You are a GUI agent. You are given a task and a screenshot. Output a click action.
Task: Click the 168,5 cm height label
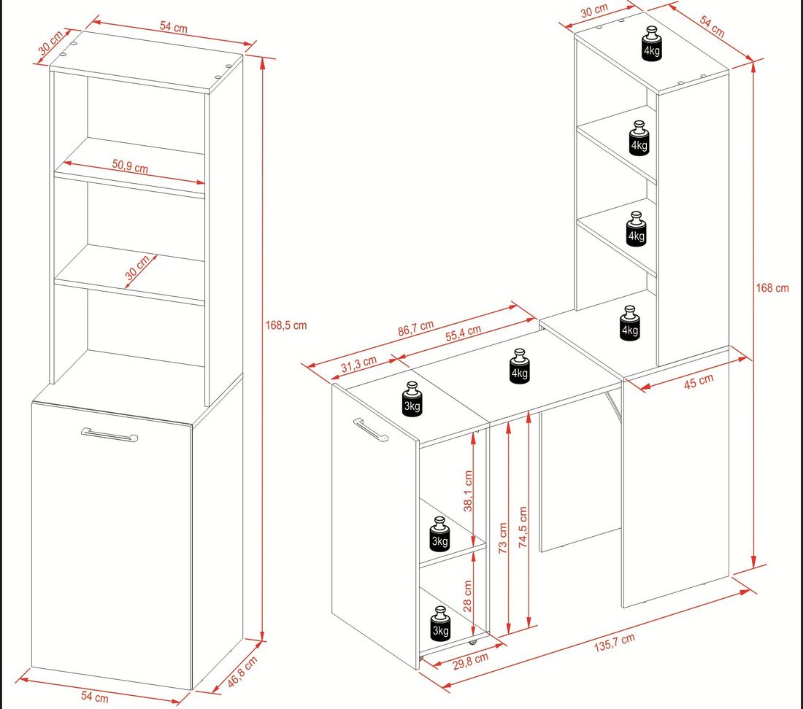(285, 325)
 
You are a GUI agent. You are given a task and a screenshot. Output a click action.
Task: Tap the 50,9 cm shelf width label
(130, 166)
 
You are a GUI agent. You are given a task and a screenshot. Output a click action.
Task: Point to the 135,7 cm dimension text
(615, 642)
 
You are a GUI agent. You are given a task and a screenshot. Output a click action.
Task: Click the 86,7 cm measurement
(416, 328)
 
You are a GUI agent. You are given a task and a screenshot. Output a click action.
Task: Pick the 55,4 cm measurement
(463, 333)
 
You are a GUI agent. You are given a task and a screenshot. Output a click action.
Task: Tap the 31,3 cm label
(358, 364)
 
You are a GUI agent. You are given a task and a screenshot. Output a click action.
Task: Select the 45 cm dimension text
(699, 381)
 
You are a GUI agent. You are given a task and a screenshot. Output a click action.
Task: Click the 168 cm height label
(772, 288)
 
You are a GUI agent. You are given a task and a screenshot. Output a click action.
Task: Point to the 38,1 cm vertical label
(467, 491)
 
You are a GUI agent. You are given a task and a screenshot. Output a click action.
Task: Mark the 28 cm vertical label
(467, 596)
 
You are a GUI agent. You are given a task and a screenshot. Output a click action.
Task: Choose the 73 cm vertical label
(502, 538)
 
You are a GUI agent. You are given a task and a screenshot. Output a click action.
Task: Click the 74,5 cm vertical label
(523, 527)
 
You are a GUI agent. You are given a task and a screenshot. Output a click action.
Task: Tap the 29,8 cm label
(471, 660)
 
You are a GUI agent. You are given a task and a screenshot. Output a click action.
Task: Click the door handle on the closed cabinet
(109, 434)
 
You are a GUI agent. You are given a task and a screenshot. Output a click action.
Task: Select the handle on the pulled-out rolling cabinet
(370, 429)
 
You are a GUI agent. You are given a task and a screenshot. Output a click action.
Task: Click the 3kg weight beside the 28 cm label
(440, 624)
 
